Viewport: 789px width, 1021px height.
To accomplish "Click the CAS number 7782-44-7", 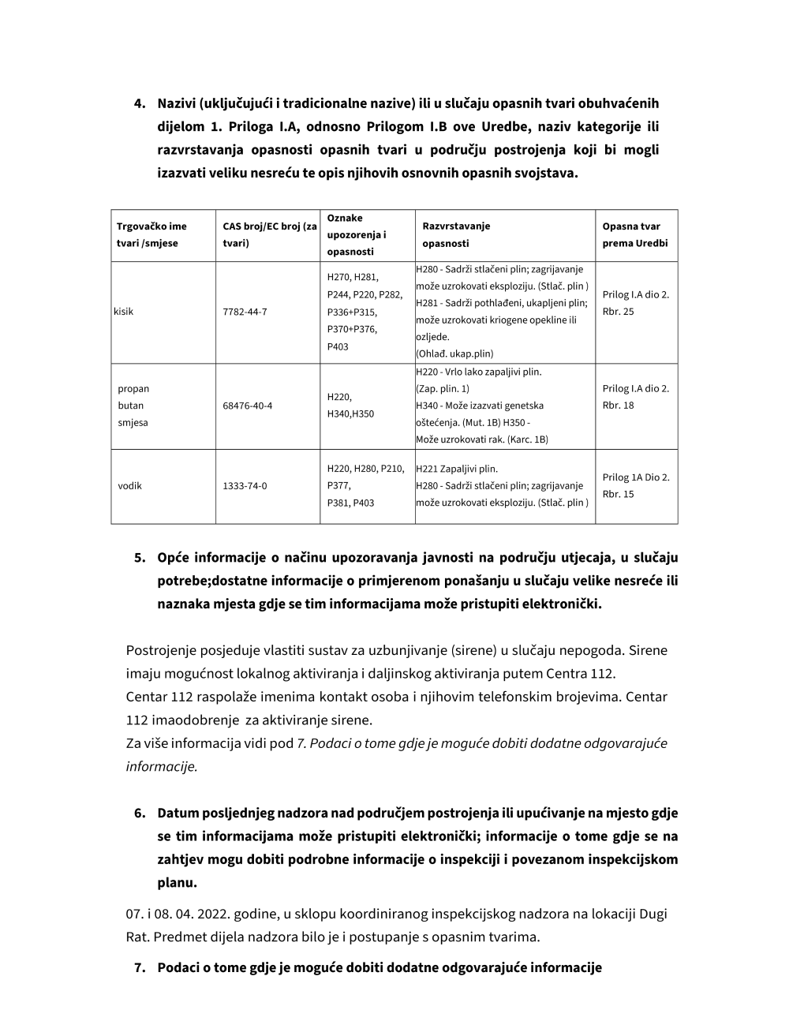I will [245, 312].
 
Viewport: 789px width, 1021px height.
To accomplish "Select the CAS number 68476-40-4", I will [248, 406].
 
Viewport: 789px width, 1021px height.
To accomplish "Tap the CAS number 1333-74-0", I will [245, 486].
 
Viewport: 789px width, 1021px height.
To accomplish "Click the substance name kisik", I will [124, 312].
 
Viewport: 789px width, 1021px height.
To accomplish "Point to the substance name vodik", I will [130, 486].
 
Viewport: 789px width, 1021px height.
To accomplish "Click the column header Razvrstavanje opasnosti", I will [456, 235].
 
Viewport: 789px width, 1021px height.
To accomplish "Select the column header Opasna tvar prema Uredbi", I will [635, 235].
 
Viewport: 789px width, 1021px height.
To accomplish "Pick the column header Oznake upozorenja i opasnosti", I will [357, 235].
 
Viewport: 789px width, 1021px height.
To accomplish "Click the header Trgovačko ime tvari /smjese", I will [152, 235].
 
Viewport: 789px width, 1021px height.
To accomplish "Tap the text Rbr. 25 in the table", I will [619, 312].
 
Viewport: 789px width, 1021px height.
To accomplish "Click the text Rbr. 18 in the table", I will [619, 406].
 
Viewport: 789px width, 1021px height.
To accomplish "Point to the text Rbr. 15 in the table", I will [619, 495].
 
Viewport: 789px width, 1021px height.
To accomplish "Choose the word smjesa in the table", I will [133, 423].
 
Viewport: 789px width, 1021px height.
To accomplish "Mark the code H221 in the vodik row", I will [429, 469].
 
